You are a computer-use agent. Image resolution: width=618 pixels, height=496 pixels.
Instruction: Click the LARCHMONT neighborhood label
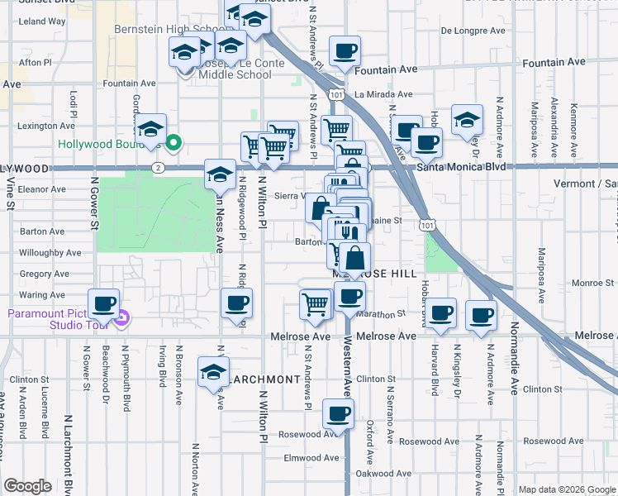click(264, 379)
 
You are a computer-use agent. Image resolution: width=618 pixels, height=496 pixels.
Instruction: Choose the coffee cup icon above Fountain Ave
click(345, 51)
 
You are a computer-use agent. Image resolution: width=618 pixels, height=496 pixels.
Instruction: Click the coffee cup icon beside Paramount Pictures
click(103, 304)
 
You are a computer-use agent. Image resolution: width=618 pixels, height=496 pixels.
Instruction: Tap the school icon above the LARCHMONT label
click(213, 372)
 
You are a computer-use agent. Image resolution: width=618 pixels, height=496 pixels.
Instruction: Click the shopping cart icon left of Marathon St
click(315, 303)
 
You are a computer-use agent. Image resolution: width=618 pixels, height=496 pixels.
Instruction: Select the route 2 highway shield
click(157, 167)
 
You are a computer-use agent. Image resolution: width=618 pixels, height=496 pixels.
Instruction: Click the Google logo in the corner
click(27, 486)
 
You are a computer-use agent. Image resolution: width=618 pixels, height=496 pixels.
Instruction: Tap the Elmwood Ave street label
click(311, 458)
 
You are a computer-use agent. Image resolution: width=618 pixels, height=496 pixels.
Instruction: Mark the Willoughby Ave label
click(50, 252)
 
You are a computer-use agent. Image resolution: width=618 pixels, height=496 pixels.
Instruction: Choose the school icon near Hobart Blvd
click(467, 120)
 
